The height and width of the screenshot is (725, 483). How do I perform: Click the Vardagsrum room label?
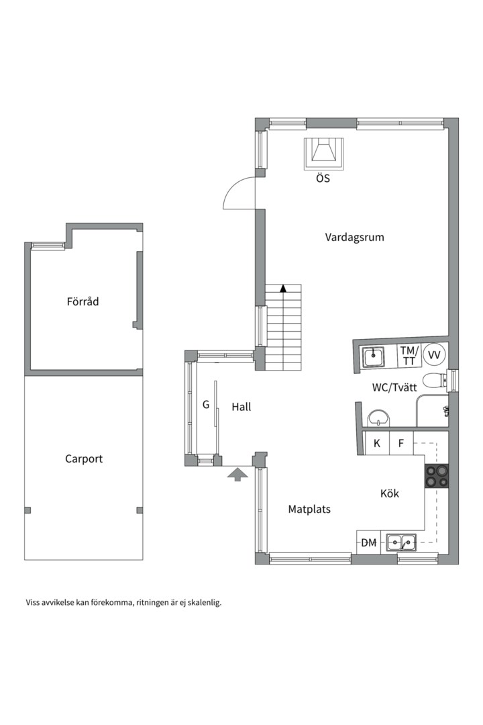[x=354, y=238]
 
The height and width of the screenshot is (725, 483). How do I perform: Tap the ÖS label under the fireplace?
[x=323, y=177]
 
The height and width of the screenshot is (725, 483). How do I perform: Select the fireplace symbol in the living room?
[x=323, y=154]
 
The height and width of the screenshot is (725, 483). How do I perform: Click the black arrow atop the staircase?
[x=283, y=288]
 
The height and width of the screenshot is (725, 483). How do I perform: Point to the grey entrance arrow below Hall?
[x=237, y=474]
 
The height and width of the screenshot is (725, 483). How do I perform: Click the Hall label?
[x=241, y=407]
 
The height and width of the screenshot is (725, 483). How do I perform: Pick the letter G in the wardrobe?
[x=206, y=405]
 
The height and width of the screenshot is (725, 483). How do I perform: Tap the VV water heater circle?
[x=435, y=355]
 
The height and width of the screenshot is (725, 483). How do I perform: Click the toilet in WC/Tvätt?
[x=434, y=381]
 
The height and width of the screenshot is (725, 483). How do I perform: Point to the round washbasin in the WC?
[x=379, y=418]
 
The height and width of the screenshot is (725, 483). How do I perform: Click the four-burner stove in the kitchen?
[x=436, y=476]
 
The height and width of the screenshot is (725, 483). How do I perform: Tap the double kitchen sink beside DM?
[x=401, y=542]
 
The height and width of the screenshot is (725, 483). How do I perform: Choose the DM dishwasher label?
[x=369, y=543]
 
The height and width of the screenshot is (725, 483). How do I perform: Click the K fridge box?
[x=377, y=443]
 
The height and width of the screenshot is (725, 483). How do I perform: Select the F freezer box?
[x=401, y=443]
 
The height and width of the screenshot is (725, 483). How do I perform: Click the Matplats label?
[x=309, y=509]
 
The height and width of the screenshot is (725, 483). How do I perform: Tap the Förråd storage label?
[x=83, y=301]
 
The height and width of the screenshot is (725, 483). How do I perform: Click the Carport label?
[x=84, y=459]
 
